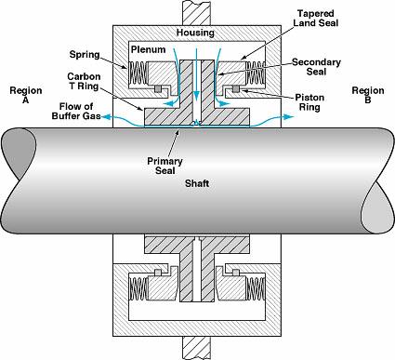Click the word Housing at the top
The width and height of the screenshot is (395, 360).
pyautogui.click(x=195, y=33)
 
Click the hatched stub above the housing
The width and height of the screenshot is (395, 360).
pyautogui.click(x=198, y=9)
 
